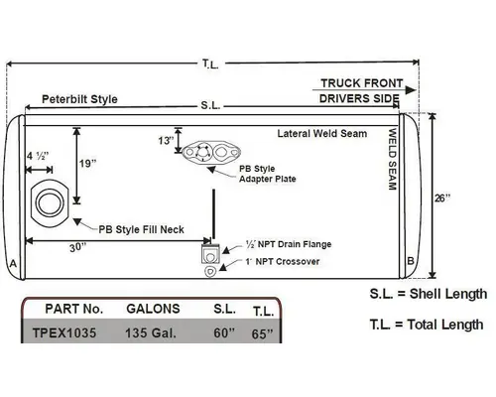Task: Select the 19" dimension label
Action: (88, 162)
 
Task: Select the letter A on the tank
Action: (12, 264)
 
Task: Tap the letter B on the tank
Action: (411, 261)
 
